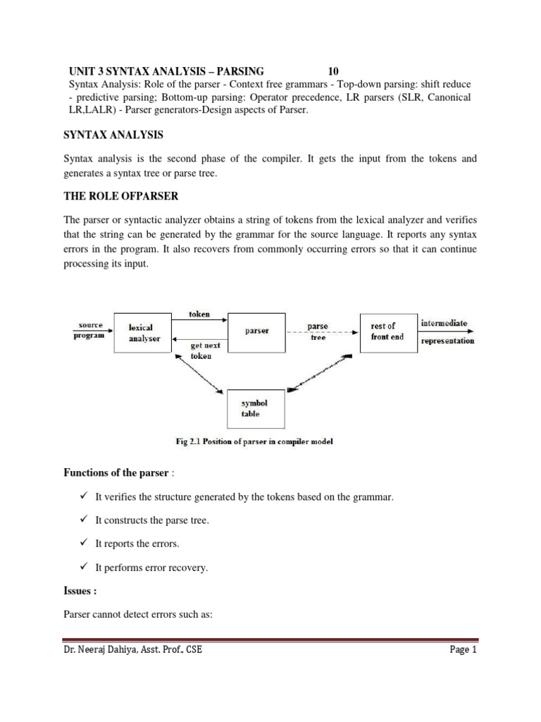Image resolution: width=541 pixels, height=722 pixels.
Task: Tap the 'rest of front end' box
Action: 387,331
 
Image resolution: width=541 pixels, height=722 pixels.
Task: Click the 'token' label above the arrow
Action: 200,314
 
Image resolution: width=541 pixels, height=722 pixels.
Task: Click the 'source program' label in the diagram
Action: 88,331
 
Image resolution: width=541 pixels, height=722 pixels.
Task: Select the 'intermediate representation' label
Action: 447,332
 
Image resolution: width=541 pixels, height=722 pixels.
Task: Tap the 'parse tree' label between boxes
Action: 318,332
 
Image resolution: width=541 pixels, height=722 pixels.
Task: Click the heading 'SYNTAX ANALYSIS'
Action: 115,134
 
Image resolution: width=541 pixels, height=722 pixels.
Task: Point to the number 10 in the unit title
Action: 334,71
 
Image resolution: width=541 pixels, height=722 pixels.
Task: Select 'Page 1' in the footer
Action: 464,650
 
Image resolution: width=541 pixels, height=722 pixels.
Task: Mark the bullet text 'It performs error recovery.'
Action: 151,568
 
